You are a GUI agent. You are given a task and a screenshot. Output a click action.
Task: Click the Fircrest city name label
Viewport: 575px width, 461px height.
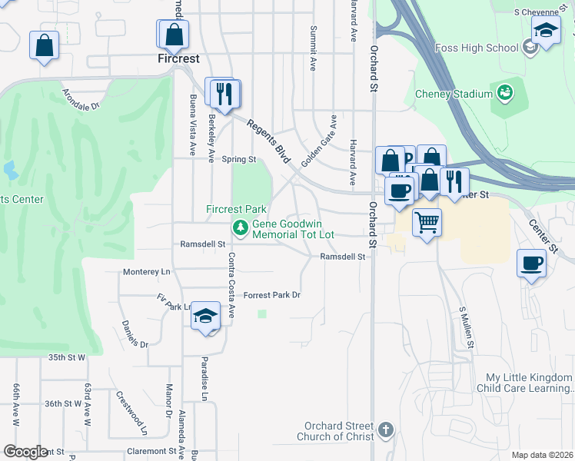pos(178,59)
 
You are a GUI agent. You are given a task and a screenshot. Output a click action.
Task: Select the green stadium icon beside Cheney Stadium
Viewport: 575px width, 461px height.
pos(505,93)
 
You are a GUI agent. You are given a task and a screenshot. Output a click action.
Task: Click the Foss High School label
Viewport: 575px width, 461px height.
pos(487,48)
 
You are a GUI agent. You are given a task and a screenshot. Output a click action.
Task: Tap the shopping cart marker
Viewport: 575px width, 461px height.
pos(427,223)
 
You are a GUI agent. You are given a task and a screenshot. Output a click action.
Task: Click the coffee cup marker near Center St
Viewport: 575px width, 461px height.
pos(532,264)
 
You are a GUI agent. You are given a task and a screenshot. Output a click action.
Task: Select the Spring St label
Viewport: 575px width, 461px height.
pos(238,160)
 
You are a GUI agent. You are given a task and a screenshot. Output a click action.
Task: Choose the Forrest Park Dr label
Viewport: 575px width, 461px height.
pos(271,295)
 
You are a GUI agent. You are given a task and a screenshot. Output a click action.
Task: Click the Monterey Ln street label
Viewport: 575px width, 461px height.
pos(146,272)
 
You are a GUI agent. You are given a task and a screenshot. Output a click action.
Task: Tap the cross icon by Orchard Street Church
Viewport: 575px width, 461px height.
pos(386,429)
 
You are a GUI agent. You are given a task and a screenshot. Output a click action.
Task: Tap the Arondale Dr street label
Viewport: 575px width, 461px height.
pos(82,102)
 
